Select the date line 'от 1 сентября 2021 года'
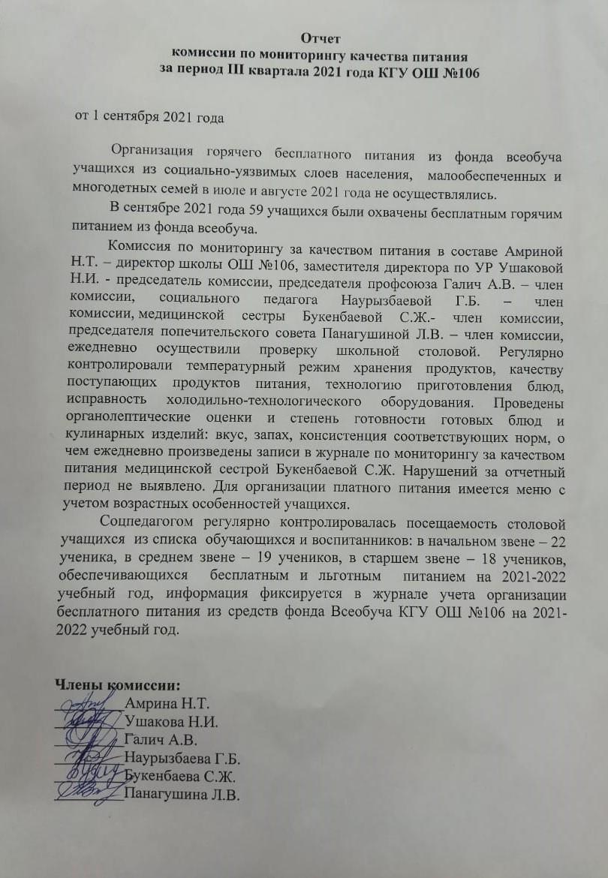coord(149,117)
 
